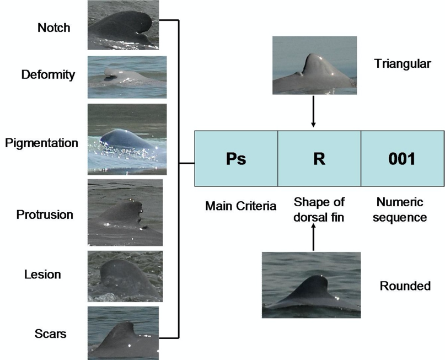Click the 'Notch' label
[x=54, y=27]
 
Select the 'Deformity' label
[x=48, y=74]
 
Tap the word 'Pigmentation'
[x=41, y=143]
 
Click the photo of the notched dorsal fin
[x=123, y=25]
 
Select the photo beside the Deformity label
[x=126, y=77]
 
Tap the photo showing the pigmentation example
[x=126, y=139]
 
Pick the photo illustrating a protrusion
[x=125, y=212]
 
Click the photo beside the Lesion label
[x=125, y=276]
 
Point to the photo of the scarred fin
[x=123, y=333]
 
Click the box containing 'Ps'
[x=235, y=159]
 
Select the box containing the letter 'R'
[x=319, y=159]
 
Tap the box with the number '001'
[x=402, y=159]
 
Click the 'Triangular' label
[x=402, y=64]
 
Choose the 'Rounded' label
[x=405, y=286]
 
